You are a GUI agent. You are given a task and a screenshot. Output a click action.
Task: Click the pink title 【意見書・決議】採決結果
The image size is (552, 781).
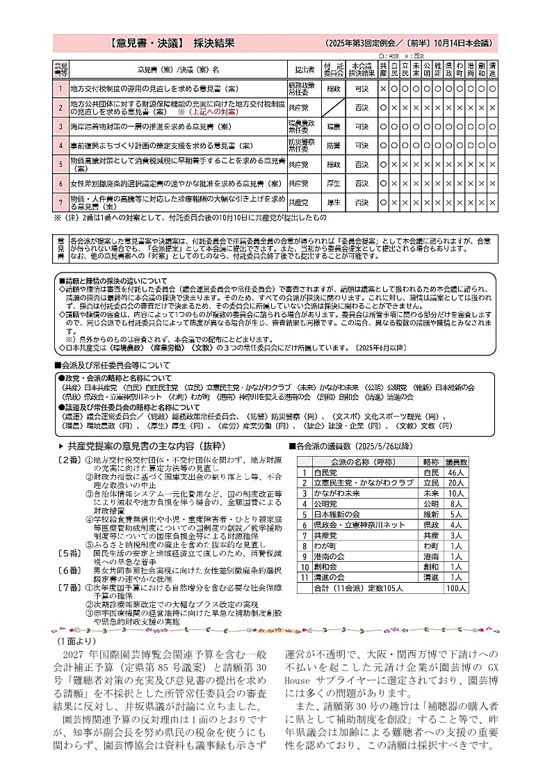point(172,43)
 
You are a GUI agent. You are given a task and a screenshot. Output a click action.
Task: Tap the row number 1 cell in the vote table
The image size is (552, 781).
point(60,89)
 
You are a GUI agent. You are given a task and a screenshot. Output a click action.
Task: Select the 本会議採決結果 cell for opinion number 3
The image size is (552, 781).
point(362,127)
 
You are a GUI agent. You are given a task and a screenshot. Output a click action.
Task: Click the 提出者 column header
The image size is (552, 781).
point(305,70)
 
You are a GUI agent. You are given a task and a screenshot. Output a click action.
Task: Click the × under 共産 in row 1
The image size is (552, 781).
point(383,89)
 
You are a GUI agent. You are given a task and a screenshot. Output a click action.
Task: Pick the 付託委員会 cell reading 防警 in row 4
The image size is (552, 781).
point(334,145)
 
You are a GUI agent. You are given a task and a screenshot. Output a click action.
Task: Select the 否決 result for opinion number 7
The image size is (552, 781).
point(362,202)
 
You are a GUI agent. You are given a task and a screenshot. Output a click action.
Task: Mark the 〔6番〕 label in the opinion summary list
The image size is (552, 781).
point(70,570)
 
